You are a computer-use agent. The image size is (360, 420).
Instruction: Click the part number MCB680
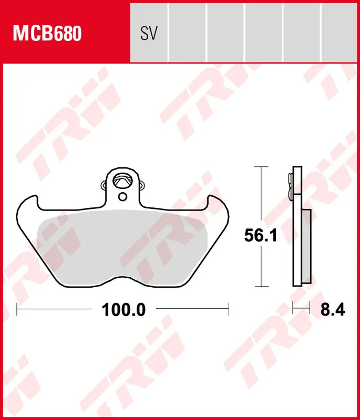coord(47,33)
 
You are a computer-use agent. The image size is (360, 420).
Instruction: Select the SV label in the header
coord(149,34)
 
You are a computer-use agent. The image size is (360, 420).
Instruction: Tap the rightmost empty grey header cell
coord(340,31)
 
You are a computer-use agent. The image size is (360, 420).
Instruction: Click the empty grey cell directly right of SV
coord(187,31)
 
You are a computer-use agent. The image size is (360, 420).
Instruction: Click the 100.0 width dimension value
coord(124,310)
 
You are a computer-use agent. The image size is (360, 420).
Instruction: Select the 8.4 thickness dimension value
coord(332,310)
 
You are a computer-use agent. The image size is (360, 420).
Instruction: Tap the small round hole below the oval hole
coord(122,197)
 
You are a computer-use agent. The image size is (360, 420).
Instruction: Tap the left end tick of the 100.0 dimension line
coord(17,310)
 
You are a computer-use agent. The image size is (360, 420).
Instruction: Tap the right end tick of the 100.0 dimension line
coord(229,310)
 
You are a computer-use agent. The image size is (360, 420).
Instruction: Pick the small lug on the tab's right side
coord(141,184)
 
